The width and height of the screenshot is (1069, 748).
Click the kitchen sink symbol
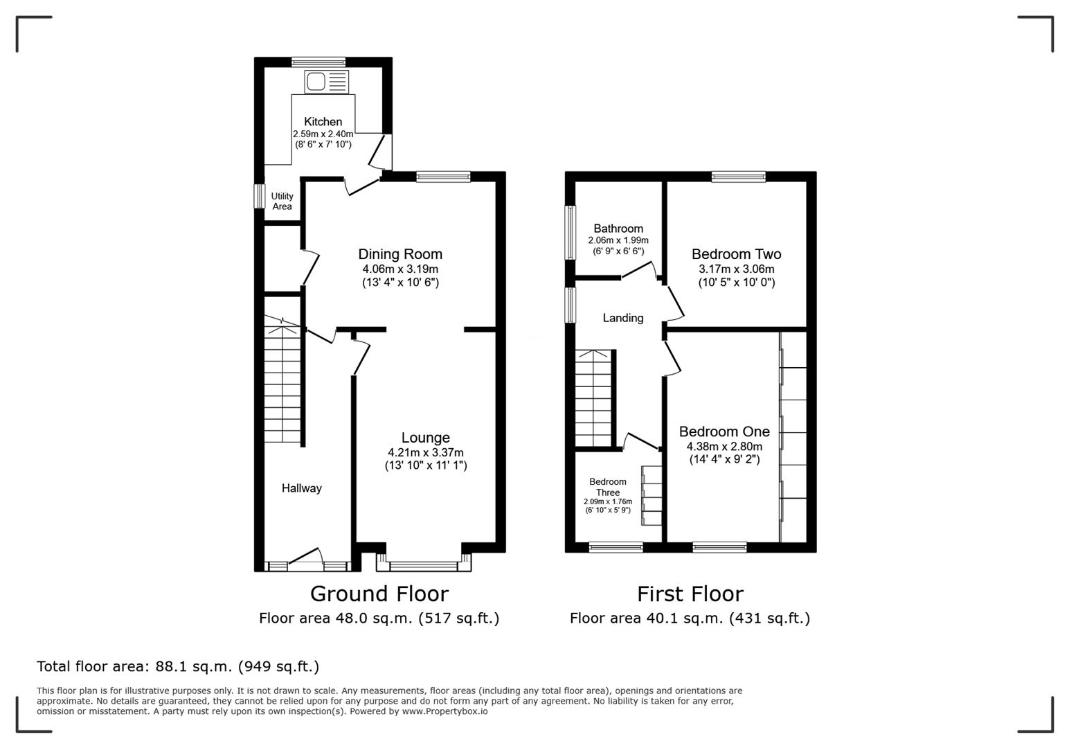[326, 82]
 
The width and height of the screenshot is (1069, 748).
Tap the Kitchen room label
[323, 122]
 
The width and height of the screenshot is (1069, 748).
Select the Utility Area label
[282, 201]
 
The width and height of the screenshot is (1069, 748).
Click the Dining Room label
[399, 254]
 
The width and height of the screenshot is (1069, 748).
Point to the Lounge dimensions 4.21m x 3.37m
[425, 452]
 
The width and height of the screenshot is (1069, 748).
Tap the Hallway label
[301, 488]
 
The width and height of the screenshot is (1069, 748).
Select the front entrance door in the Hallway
[305, 558]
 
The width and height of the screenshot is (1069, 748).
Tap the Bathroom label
[618, 229]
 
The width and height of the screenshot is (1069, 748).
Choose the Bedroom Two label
[736, 254]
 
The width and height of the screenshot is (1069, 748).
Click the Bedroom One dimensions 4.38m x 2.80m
[724, 447]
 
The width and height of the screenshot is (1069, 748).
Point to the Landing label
[622, 318]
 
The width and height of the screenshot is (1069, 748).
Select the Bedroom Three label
[607, 487]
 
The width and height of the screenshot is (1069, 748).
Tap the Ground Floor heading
[379, 594]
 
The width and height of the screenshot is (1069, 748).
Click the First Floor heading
[690, 594]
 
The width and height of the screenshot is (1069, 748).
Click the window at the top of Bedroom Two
[738, 177]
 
